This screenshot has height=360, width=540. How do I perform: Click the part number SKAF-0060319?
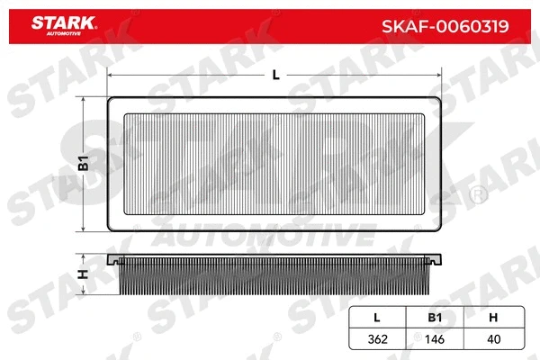pos(448,26)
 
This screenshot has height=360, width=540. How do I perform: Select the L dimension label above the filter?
pos(274,75)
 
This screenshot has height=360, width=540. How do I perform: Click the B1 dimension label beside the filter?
pos(83,163)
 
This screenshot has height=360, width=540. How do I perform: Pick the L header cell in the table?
pos(375,317)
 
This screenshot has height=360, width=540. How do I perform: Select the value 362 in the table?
pos(375,340)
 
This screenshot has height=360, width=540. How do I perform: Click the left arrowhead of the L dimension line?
pos(109,76)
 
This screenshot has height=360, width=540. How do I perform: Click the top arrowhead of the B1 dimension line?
pos(83,99)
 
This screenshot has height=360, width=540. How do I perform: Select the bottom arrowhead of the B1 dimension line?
pos(83,229)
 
